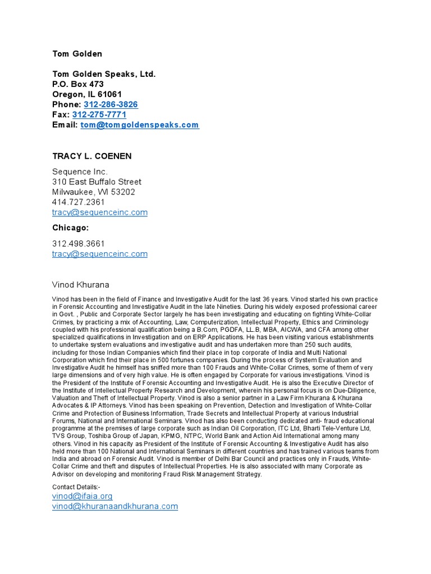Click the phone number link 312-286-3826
click(x=111, y=105)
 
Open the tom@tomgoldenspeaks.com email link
click(x=140, y=125)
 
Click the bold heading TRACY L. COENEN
click(x=92, y=156)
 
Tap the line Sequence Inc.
click(x=80, y=172)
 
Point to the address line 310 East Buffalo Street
click(x=97, y=182)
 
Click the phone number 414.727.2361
click(x=79, y=202)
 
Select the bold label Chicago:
click(x=71, y=228)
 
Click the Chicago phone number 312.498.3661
click(x=79, y=243)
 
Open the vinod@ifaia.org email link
click(x=82, y=496)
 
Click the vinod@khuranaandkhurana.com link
click(x=115, y=506)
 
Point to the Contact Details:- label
click(x=76, y=487)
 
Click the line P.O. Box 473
click(x=78, y=84)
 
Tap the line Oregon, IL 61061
click(x=87, y=94)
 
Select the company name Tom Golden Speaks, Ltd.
click(x=104, y=74)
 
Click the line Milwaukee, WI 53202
click(x=94, y=192)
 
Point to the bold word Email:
click(x=65, y=125)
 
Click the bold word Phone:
click(x=67, y=105)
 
